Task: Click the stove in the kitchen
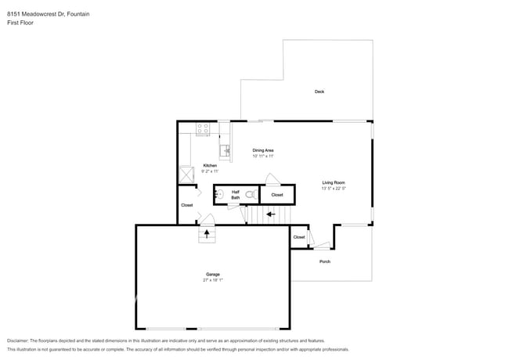[x=203, y=130]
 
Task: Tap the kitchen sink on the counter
[x=224, y=150]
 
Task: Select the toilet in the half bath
[x=250, y=194]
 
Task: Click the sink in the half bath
[x=220, y=193]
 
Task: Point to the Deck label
[x=319, y=92]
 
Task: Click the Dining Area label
[x=262, y=149]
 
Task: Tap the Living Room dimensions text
[x=334, y=188]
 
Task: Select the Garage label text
[x=212, y=274]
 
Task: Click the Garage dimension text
[x=212, y=279]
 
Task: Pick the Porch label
[x=325, y=261]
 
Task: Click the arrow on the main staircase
[x=270, y=214]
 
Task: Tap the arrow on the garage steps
[x=207, y=232]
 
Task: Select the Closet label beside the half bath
[x=277, y=195]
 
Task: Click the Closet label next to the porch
[x=299, y=237]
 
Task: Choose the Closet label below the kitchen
[x=186, y=205]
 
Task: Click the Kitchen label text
[x=210, y=165]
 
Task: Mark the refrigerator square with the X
[x=186, y=175]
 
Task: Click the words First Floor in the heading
[x=20, y=23]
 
